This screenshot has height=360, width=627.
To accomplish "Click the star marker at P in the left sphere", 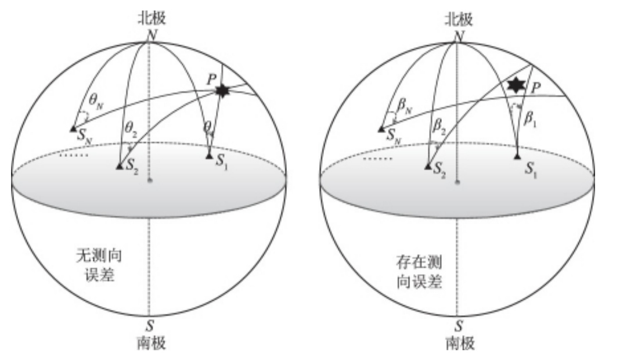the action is (x=222, y=91).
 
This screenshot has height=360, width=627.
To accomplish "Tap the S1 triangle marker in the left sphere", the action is (x=209, y=155).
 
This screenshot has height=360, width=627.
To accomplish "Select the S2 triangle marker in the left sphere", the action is (x=119, y=167).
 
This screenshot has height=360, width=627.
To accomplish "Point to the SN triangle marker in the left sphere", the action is (x=73, y=128).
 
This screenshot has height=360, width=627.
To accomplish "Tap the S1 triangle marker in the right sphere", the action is (x=517, y=156).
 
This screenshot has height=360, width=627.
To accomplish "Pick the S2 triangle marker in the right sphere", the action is (x=427, y=167).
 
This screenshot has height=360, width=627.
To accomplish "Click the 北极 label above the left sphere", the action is (x=151, y=19).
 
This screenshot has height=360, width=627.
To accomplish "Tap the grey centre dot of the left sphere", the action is (x=150, y=181).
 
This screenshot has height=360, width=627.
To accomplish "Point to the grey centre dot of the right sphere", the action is (x=457, y=182).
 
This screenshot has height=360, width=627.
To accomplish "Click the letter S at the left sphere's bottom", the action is (x=150, y=327).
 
